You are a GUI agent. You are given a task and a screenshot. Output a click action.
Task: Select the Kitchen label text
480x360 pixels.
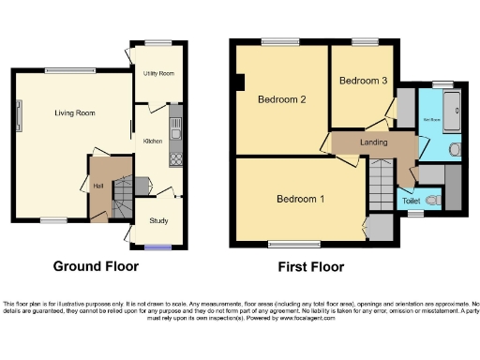(x=152, y=141)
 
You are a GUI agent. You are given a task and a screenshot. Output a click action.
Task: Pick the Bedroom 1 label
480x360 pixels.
(x=300, y=199)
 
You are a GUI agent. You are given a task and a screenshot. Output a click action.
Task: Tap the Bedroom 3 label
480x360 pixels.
(x=363, y=81)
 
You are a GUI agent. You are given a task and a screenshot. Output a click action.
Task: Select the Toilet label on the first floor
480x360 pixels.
(x=411, y=201)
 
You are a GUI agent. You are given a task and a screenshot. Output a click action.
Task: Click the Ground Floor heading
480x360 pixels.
(x=96, y=266)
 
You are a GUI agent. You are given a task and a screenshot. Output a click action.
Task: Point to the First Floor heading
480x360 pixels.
(x=310, y=267)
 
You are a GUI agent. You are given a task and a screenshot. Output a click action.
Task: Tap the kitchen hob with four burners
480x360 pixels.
(x=175, y=157)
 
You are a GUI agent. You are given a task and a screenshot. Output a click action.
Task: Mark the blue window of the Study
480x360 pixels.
(x=157, y=247)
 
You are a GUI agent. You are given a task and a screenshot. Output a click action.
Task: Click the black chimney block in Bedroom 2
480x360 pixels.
(x=241, y=83)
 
